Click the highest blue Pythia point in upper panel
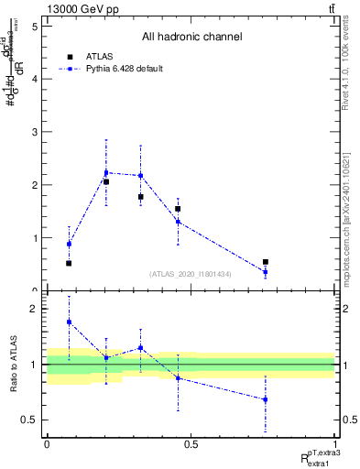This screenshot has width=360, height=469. coord(106,172)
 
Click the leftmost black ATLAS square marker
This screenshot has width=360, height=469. coord(69,264)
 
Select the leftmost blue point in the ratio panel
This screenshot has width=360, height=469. coord(69,322)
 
